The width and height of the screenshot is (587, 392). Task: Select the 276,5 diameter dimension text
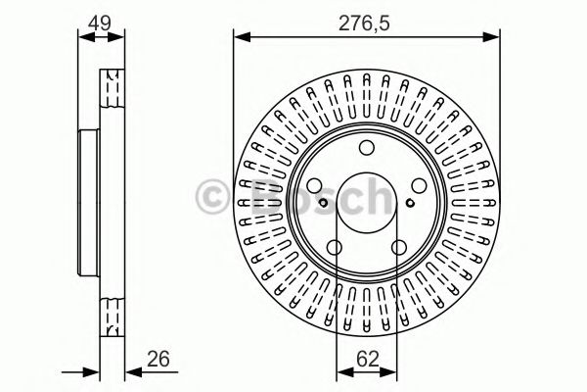[x=367, y=20]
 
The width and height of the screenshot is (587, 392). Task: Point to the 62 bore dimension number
[x=366, y=359]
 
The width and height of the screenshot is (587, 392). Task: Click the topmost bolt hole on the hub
[x=366, y=149]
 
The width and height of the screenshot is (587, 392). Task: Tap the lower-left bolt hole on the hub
[x=333, y=250]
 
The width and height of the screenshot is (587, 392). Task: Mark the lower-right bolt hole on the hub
[x=399, y=250]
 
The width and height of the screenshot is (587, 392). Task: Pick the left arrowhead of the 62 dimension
[x=341, y=372]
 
